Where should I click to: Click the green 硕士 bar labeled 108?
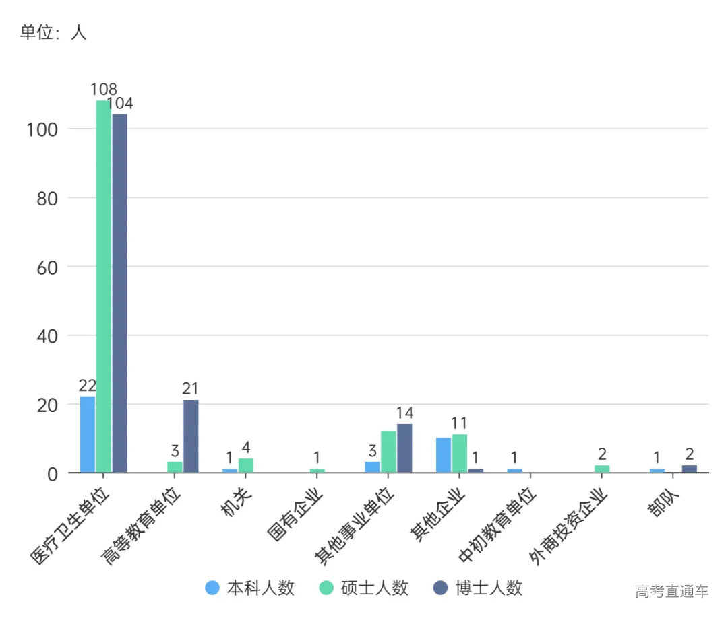[x=103, y=286]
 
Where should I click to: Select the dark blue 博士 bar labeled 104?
[x=119, y=293]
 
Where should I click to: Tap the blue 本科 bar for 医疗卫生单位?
[x=88, y=434]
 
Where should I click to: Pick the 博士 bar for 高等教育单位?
[x=191, y=436]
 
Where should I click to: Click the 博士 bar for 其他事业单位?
[x=404, y=448]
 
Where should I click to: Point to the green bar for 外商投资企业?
[x=602, y=469]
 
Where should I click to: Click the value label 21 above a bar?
[x=190, y=389]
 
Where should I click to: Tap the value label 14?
[x=404, y=413]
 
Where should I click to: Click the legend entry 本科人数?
[x=251, y=588]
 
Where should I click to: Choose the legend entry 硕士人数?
[x=364, y=588]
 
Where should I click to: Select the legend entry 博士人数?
[x=477, y=588]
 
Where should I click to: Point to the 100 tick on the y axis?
[x=42, y=129]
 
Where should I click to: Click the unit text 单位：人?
[x=53, y=32]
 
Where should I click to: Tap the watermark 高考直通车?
[x=672, y=592]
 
